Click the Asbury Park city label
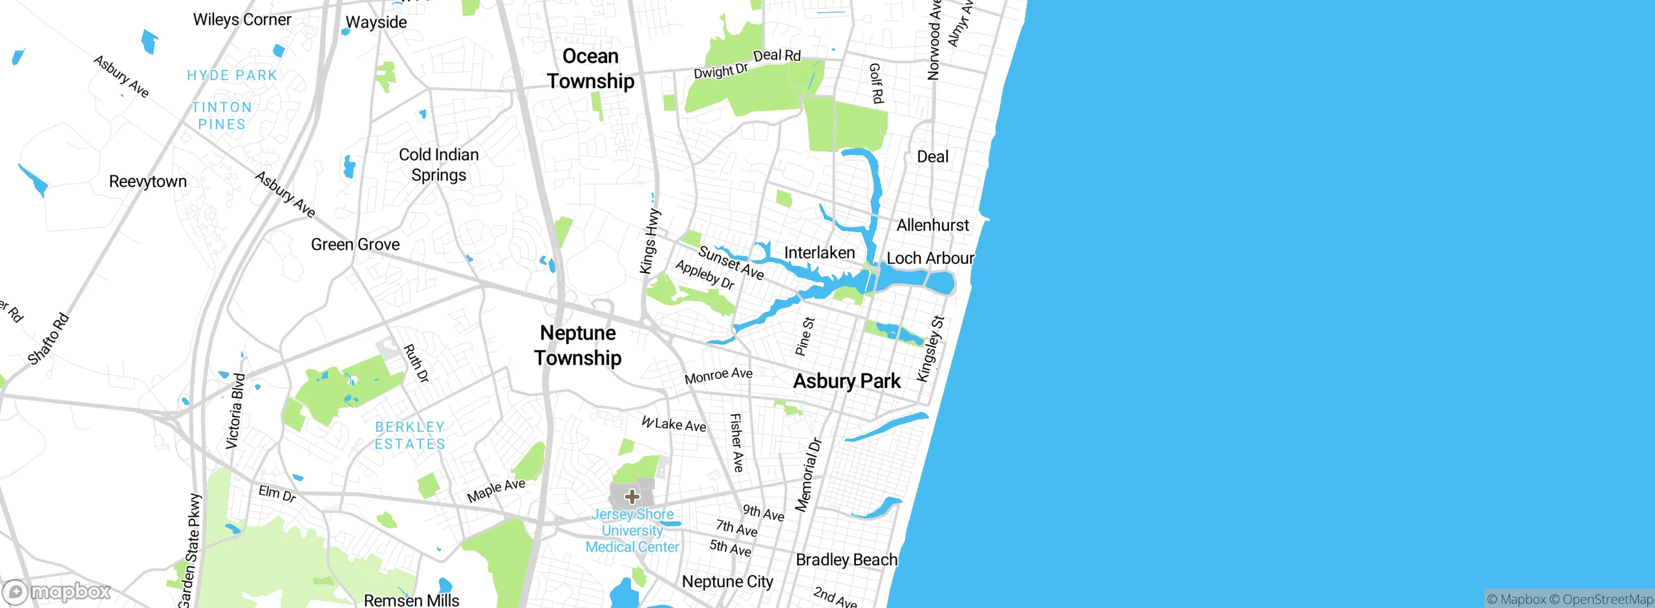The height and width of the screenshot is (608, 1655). point(846,381)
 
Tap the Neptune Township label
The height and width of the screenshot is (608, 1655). point(578,345)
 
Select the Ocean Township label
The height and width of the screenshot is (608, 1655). point(590,69)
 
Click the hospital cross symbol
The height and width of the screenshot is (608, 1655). point(632,497)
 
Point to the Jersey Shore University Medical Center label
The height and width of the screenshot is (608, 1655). point(632,530)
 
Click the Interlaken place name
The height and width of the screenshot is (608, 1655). point(819,252)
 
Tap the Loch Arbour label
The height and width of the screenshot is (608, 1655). point(930,258)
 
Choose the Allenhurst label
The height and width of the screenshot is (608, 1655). point(932,225)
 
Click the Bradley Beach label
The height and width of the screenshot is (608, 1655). point(846,559)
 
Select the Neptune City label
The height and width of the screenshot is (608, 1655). point(727,581)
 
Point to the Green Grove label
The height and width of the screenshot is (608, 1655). point(355,244)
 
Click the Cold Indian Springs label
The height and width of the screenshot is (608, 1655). point(439,165)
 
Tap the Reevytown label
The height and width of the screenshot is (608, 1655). point(147,181)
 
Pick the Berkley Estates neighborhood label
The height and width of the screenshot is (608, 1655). point(410,435)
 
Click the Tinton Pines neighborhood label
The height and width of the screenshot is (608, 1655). point(222,116)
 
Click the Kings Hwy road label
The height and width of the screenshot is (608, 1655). point(650,241)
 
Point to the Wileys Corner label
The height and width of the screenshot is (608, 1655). point(242,19)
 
